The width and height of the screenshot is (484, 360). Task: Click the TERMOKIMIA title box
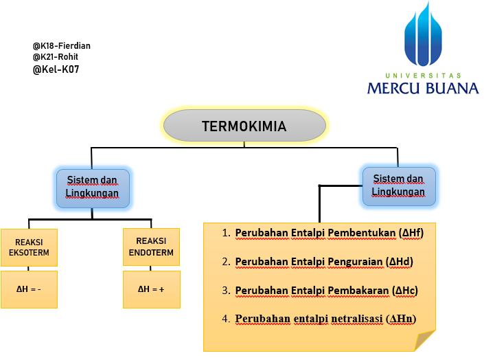244,126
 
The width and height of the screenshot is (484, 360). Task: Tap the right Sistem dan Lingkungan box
398,185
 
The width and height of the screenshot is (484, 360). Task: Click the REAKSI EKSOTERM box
28,247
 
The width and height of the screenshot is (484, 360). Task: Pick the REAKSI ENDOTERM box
151,247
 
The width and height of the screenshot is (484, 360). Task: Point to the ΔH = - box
28,289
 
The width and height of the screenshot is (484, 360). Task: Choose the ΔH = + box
151,289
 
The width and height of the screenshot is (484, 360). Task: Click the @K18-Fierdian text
61,46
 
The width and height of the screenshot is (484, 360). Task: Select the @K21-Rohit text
55,57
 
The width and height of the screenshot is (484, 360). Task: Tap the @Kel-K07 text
56,69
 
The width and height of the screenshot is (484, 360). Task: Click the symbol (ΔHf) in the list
411,233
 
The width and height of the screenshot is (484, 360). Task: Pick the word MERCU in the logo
395,88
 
